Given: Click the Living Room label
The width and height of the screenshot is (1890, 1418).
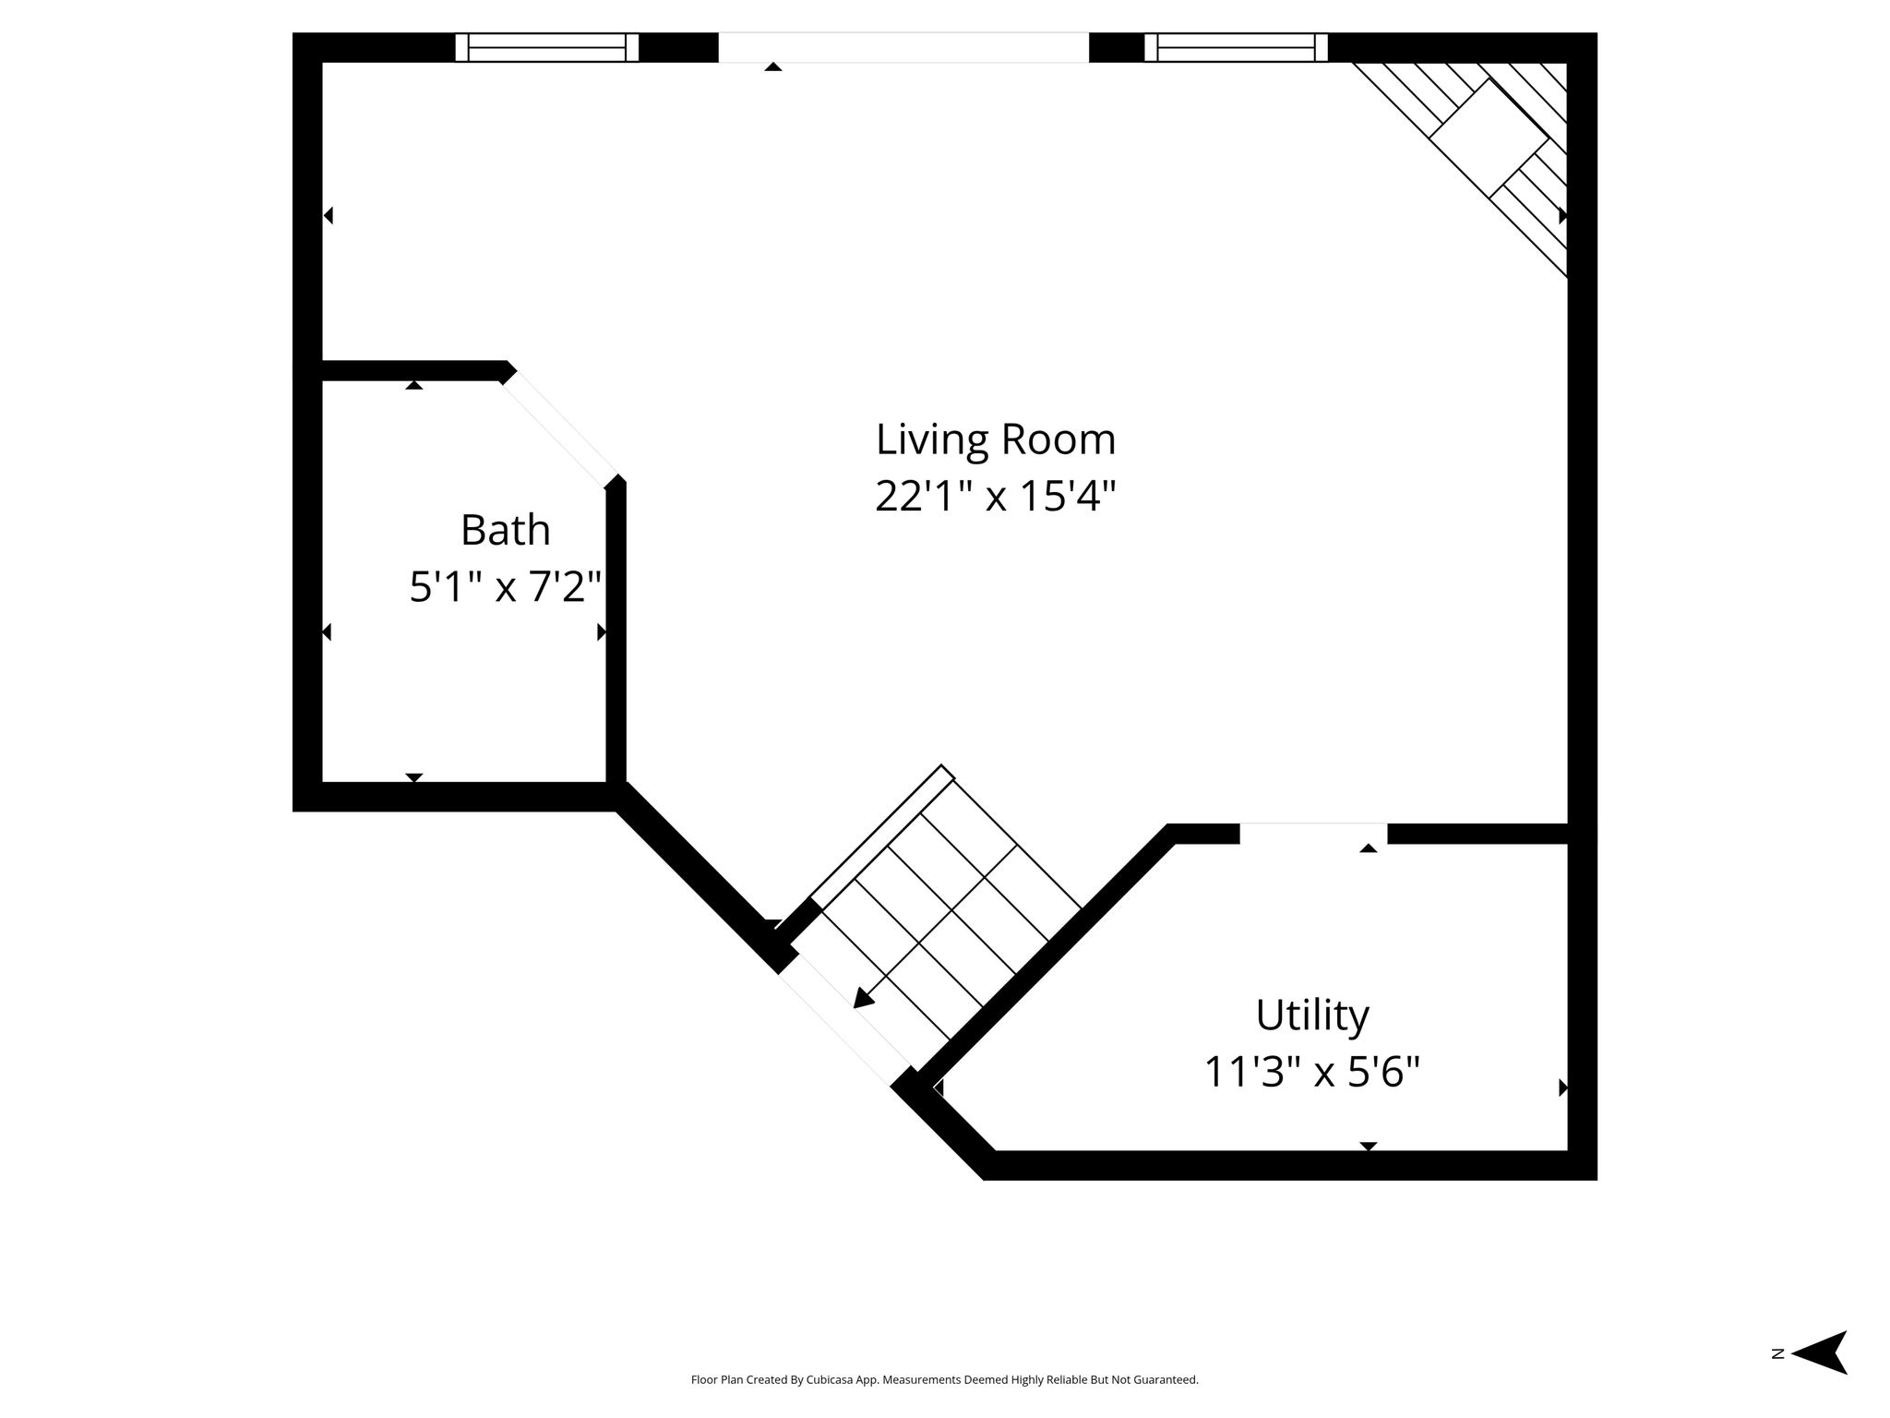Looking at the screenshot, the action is (x=996, y=440).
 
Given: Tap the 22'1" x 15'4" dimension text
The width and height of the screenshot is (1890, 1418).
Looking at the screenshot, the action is (x=996, y=497).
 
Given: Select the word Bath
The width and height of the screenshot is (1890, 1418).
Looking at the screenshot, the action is (x=506, y=530).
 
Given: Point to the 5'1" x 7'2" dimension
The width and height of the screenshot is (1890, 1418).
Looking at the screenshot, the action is (x=506, y=586).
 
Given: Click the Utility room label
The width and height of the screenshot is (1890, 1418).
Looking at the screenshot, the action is (x=1312, y=1015).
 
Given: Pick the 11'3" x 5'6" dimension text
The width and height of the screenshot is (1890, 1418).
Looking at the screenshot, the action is (x=1312, y=1072).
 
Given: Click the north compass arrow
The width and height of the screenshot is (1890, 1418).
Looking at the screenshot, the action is (x=1820, y=1378).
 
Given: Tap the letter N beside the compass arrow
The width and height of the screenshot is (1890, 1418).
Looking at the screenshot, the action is (x=1777, y=1379).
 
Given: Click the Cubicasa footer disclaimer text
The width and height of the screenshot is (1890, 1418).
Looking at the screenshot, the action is (x=944, y=1380).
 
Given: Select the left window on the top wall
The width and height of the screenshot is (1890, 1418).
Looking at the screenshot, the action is (x=547, y=47).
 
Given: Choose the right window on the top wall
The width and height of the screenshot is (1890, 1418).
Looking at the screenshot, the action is (x=1237, y=47).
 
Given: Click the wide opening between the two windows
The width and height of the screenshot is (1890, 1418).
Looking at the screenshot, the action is (x=903, y=48).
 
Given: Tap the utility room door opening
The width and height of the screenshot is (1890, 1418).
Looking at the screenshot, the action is (x=1313, y=833).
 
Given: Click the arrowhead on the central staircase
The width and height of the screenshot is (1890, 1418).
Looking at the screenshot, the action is (x=863, y=998).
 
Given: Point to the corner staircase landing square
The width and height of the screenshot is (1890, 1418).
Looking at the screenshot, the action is (x=1489, y=139).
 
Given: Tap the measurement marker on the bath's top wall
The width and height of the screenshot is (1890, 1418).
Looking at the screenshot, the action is (x=414, y=384).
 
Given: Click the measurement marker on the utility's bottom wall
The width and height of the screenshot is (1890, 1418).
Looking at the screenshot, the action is (x=1369, y=1147).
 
